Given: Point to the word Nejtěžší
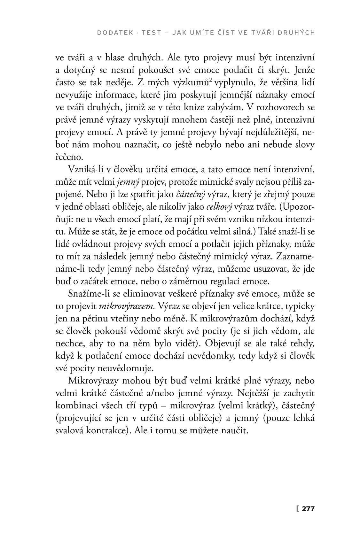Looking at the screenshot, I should [x=254, y=393].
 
